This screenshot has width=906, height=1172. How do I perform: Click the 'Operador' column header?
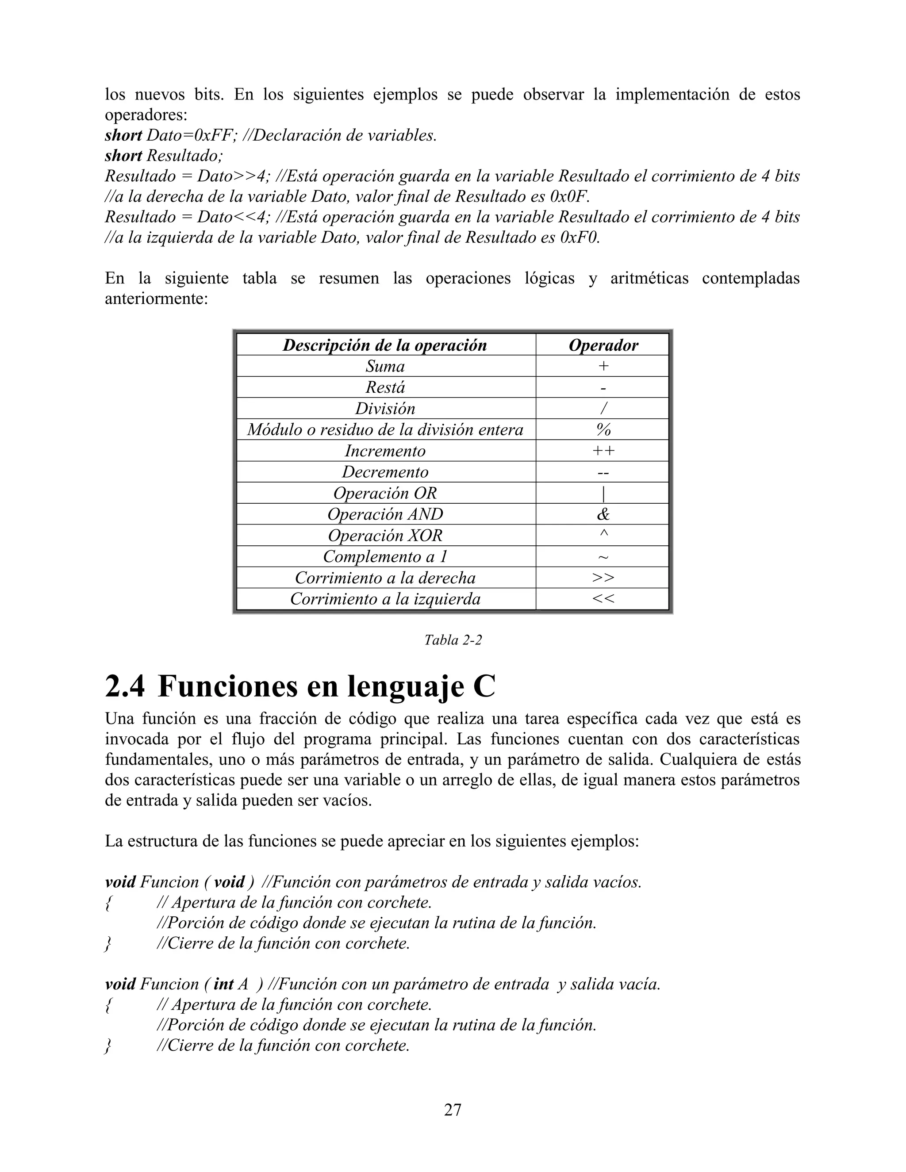point(603,345)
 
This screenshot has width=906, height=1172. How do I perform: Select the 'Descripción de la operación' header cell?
point(385,345)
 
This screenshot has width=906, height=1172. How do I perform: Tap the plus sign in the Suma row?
point(603,366)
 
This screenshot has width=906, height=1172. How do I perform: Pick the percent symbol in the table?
point(603,430)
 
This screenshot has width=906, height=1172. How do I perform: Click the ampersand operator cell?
point(603,514)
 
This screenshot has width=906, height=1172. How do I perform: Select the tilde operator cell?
point(603,557)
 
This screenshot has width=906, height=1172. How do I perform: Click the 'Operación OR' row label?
point(385,493)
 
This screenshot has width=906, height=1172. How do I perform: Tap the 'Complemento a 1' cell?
point(385,556)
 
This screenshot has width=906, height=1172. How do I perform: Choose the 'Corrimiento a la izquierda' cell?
point(385,599)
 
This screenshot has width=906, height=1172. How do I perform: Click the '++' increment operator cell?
point(603,451)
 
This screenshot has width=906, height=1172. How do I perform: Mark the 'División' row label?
point(385,408)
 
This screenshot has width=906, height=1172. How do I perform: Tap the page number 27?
point(453,1110)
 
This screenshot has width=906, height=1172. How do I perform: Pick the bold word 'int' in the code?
point(223,984)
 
